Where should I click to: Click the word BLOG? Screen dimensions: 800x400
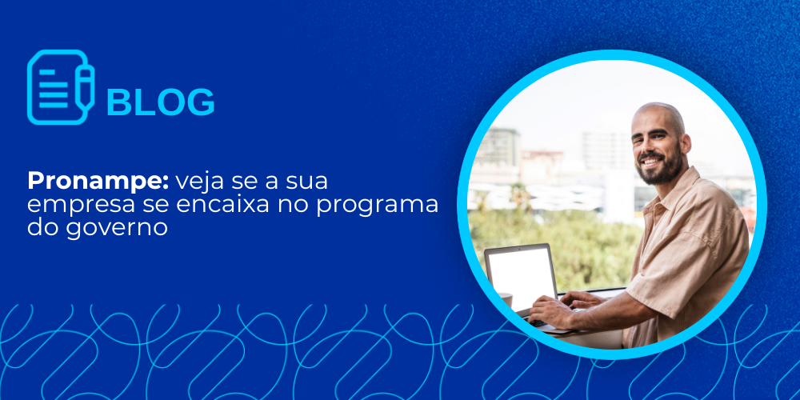pos(160,102)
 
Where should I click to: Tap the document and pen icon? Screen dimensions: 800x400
pos(61,87)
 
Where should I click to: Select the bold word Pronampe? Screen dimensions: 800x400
pos(98,182)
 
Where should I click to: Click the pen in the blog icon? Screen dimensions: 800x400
pos(85,86)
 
